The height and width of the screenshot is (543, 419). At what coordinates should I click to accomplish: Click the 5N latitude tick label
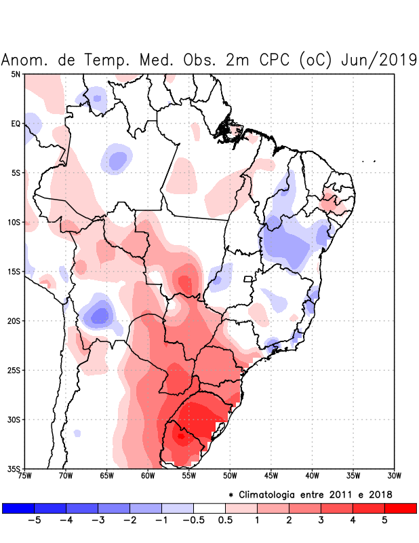pos(16,74)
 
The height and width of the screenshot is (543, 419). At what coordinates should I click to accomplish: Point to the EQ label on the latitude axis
pos(16,124)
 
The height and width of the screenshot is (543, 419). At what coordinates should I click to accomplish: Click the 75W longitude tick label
pos(24,475)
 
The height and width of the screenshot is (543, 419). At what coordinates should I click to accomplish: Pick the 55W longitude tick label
pos(189,475)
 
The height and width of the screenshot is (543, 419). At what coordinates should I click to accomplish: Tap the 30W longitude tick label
pos(395,475)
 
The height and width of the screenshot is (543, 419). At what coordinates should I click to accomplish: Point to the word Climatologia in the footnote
pos(276,494)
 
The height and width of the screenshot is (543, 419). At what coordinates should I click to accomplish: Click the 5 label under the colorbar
pos(384,520)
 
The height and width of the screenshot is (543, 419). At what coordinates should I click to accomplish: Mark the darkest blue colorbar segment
pos(18,508)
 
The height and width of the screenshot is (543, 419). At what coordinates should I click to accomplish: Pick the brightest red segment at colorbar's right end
pos(400,508)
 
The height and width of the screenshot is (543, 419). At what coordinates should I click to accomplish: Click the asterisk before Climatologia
pos(231,494)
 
